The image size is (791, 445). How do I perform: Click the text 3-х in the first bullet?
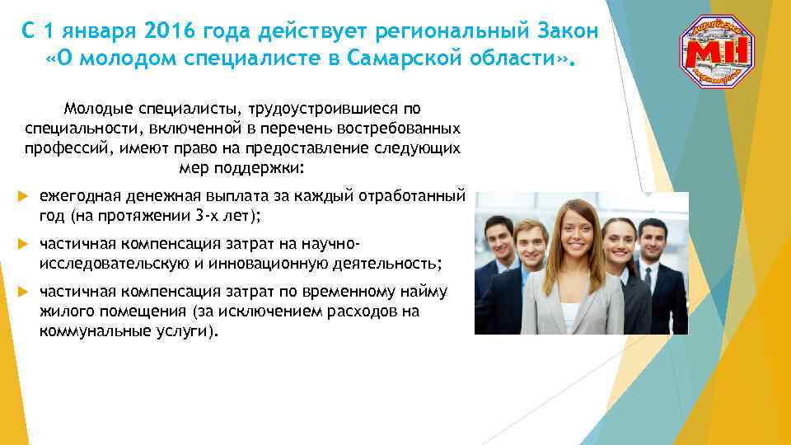point(196,216)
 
